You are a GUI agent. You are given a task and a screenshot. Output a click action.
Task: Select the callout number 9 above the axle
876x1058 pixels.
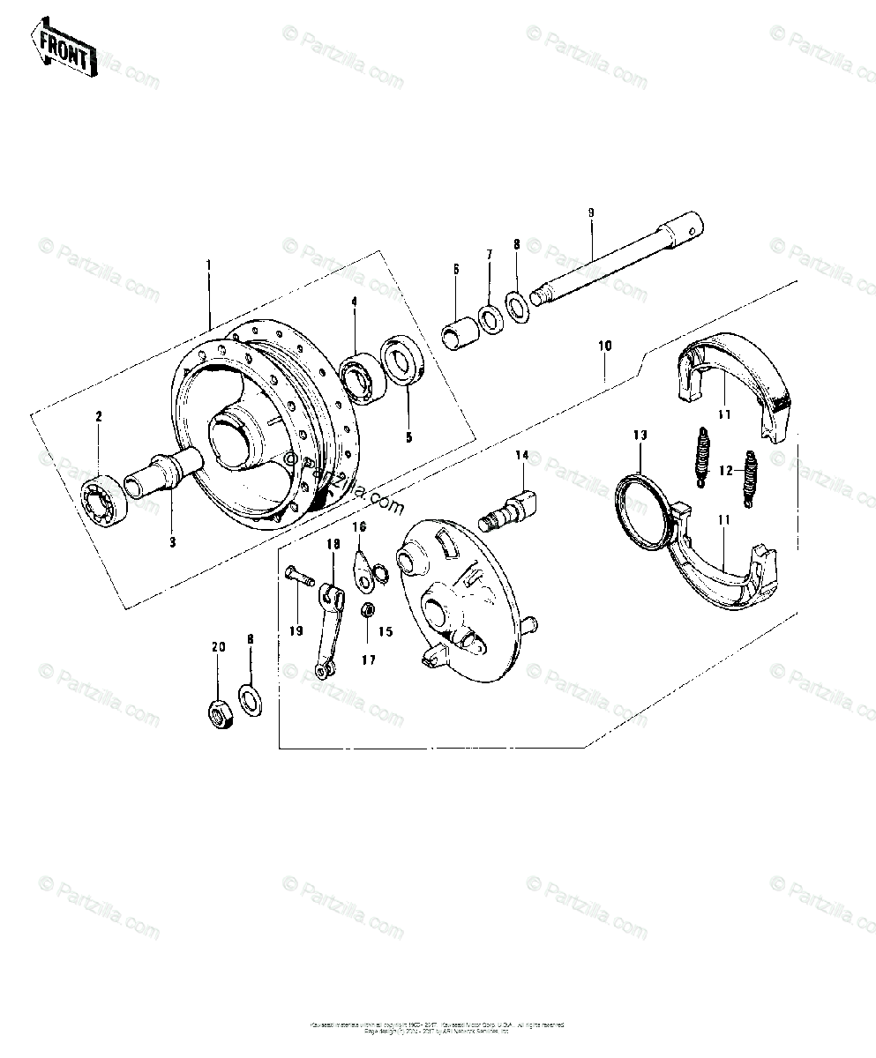pyautogui.click(x=591, y=212)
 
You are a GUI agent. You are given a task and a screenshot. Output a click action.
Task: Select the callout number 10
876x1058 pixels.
pyautogui.click(x=603, y=346)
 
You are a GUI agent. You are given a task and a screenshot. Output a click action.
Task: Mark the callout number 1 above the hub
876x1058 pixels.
pyautogui.click(x=208, y=264)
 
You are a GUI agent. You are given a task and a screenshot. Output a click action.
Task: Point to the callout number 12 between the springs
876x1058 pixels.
pyautogui.click(x=725, y=471)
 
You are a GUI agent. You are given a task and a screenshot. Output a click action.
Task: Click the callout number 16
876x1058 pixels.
pyautogui.click(x=359, y=526)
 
